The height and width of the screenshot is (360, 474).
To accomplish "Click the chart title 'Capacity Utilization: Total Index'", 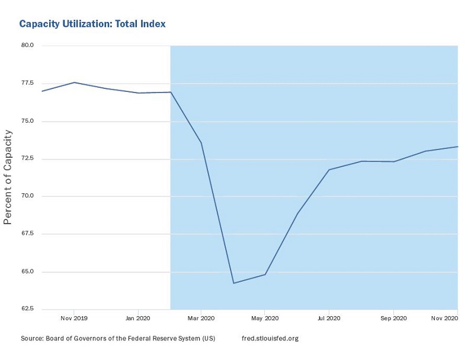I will [x=92, y=24].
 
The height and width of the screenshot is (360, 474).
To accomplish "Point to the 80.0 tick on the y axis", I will [x=27, y=46].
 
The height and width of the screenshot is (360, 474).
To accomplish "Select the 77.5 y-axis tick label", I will [x=27, y=84].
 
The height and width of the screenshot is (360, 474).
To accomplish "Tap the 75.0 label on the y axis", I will [x=27, y=121].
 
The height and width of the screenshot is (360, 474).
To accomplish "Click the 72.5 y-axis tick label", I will [x=27, y=159].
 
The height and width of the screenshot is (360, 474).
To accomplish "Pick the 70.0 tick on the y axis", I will [x=27, y=196].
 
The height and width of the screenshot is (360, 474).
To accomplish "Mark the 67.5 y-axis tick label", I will [x=27, y=234].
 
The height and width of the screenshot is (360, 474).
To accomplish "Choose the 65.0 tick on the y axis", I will [x=27, y=272].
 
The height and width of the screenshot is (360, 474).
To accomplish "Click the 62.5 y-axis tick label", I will [x=27, y=310].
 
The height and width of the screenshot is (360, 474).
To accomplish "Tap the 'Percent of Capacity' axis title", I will [x=8, y=177].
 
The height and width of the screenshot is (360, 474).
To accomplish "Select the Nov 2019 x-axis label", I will [x=73, y=318].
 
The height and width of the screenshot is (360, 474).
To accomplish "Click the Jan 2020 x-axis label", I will [x=137, y=318].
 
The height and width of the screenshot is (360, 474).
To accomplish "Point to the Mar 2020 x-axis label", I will [x=201, y=318].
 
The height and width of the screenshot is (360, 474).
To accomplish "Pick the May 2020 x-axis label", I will [x=264, y=318].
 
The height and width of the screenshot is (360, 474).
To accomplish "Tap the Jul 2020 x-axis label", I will [x=328, y=318].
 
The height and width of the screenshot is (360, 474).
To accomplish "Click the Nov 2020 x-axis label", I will [x=445, y=318].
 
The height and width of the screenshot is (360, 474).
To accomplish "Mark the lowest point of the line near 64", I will [x=233, y=283].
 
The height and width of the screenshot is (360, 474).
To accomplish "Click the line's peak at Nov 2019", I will [x=73, y=82].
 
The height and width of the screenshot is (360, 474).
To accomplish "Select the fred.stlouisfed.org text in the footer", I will [x=270, y=339].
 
